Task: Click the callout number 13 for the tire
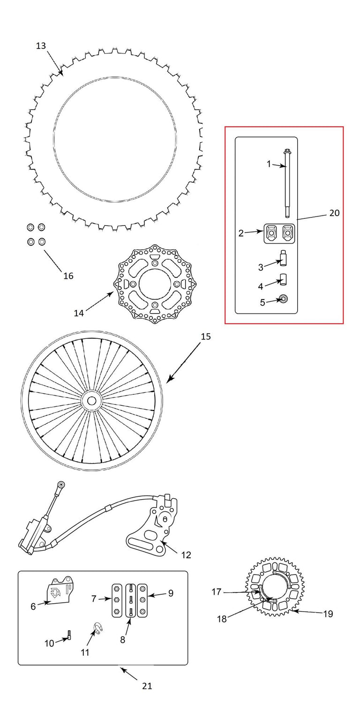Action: (x=41, y=46)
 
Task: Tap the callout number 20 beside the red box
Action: (x=334, y=213)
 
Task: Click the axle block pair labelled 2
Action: (x=279, y=233)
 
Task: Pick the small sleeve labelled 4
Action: (x=284, y=280)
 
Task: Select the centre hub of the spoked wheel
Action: (x=91, y=401)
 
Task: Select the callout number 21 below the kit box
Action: (x=147, y=686)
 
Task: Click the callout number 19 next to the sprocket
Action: (x=328, y=614)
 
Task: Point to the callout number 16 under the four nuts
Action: (x=68, y=276)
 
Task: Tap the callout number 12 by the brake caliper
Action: (x=186, y=555)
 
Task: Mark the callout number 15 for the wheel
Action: (x=206, y=337)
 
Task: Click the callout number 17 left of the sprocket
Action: (x=217, y=592)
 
